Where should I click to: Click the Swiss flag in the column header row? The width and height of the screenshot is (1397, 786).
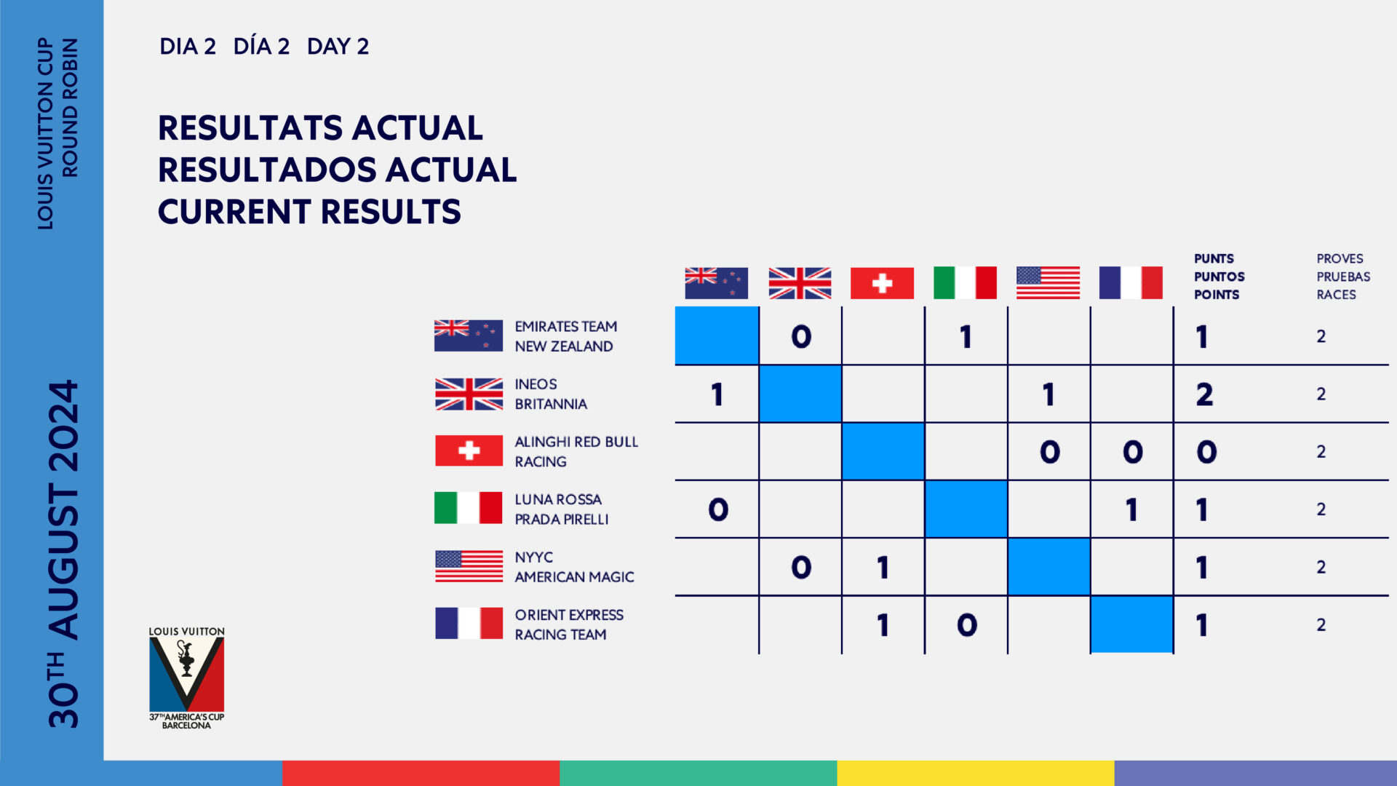(x=882, y=283)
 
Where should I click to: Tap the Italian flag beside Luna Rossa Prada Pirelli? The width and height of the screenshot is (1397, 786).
(x=469, y=508)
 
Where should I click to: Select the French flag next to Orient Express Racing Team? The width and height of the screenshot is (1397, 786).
(x=469, y=624)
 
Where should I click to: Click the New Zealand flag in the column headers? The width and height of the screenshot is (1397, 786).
(x=716, y=283)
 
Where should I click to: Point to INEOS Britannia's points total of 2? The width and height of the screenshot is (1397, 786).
(x=1204, y=394)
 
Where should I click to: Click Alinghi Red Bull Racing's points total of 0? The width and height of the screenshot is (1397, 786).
(x=1206, y=452)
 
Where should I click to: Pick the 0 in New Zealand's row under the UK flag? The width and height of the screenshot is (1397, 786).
(x=801, y=336)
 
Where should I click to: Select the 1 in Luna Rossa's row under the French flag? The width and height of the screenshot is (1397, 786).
(x=1131, y=509)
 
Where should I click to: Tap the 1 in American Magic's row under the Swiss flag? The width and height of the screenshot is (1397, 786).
(x=883, y=568)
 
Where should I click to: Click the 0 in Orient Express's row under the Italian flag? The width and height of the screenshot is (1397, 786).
(x=966, y=625)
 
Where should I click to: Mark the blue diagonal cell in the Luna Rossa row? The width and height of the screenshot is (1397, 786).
(x=966, y=509)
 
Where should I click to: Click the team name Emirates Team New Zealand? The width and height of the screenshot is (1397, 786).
(x=565, y=336)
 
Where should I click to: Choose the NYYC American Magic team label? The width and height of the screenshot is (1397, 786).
(x=573, y=567)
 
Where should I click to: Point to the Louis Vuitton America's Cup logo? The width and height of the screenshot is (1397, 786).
(x=187, y=678)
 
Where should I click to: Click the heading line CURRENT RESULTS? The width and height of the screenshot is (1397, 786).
(x=309, y=212)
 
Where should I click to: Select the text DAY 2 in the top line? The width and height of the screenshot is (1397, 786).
(x=338, y=47)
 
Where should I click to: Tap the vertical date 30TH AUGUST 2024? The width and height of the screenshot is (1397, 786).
(x=63, y=553)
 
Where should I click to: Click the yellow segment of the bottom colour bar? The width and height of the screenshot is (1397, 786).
(x=975, y=773)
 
